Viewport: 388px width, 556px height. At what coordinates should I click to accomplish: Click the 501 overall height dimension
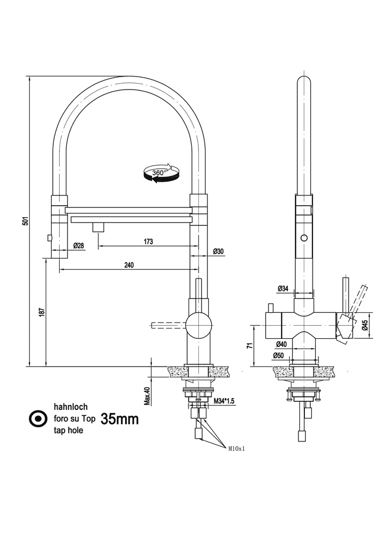(x=24, y=221)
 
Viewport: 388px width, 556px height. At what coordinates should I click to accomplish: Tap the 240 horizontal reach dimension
(x=129, y=265)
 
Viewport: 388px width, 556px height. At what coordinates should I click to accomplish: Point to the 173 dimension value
(x=148, y=241)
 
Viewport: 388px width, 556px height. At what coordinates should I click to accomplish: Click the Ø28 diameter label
(x=78, y=246)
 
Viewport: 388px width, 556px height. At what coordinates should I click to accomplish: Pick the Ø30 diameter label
(x=218, y=251)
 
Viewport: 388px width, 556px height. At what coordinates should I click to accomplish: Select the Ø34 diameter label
(x=283, y=289)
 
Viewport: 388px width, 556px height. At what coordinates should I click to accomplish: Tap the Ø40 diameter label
(x=281, y=344)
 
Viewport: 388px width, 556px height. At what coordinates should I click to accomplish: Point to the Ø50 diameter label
(x=279, y=356)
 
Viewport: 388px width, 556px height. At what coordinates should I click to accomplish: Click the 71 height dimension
(x=249, y=345)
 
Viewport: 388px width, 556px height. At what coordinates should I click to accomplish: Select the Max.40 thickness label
(x=146, y=396)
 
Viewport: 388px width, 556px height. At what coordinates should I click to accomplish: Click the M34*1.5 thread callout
(x=223, y=401)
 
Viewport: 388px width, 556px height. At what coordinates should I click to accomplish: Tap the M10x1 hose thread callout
(x=237, y=448)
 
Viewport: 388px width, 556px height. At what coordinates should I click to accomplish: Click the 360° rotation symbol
(x=160, y=173)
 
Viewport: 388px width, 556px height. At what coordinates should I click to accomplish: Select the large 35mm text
(x=120, y=419)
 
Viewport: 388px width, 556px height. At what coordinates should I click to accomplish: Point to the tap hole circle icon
(x=37, y=418)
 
